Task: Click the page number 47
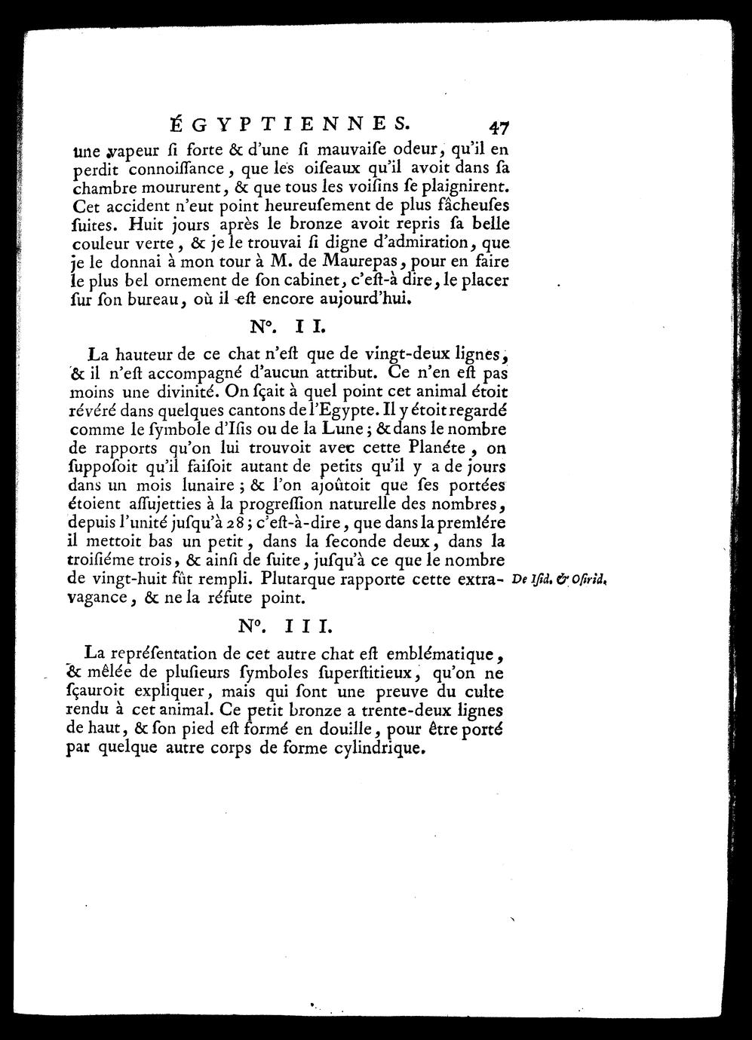pyautogui.click(x=500, y=125)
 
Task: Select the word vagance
pyautogui.click(x=95, y=600)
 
